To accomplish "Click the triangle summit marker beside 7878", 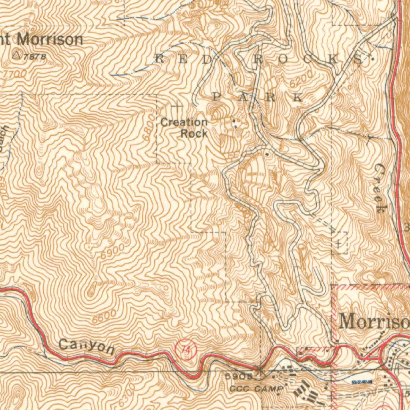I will pos(17,55).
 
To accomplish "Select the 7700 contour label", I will pos(15,74).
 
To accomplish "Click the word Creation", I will pos(184,122).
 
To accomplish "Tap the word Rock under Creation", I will pos(194,133).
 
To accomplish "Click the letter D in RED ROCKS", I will pos(207,59).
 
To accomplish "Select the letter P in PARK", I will pos(217,96).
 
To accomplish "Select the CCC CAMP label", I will pos(257,389).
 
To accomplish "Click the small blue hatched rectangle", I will pos(362,382).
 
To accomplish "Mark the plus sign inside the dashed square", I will pos(339,243).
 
